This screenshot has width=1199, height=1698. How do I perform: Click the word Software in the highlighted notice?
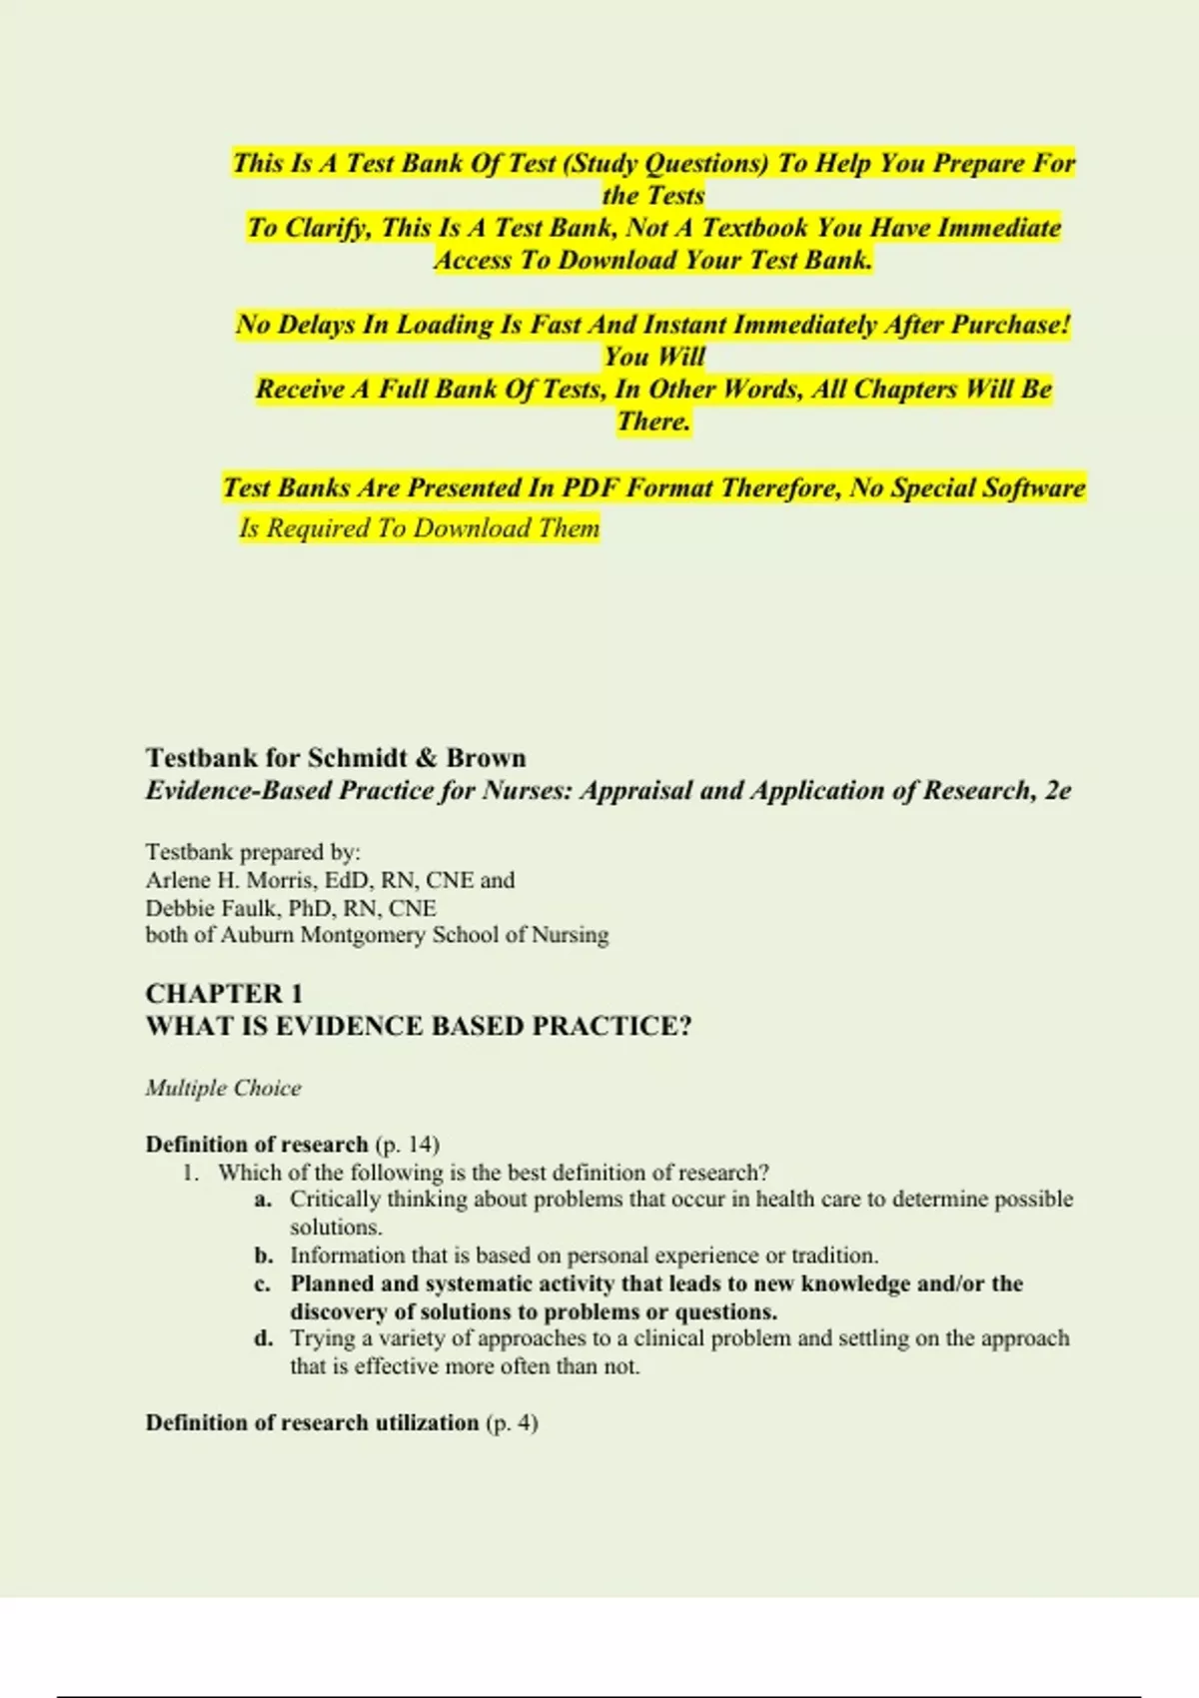point(1034,488)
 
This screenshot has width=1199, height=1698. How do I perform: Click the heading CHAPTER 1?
point(224,994)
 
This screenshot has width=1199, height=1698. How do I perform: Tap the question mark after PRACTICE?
point(684,1027)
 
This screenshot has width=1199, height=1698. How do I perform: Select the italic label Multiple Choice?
point(223,1089)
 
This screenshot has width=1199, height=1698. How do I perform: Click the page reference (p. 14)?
point(407,1145)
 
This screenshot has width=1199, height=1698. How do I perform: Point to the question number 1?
point(191,1173)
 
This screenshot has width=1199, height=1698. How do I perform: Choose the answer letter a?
point(263,1200)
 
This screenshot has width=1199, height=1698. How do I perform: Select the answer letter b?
point(263,1256)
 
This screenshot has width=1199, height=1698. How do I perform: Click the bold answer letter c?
point(263,1284)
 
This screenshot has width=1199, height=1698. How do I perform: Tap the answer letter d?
point(263,1338)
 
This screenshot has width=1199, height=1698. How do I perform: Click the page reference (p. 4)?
point(512,1423)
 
